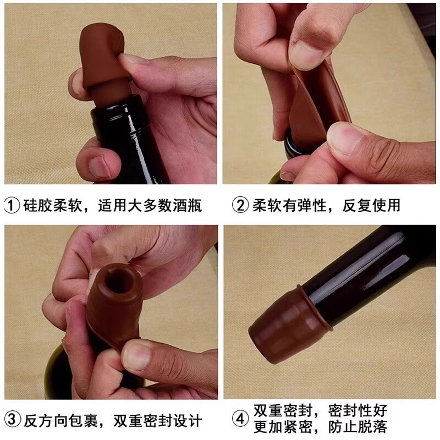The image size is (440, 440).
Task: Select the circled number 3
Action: (x=13, y=421)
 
